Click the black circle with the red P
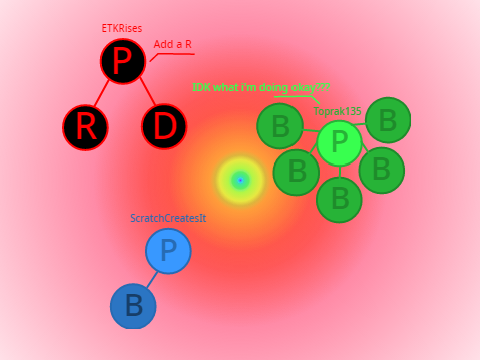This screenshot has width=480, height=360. tap(123, 61)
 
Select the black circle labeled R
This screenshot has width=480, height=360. tap(85, 127)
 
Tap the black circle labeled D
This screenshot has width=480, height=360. tap(164, 126)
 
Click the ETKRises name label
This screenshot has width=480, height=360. tap(122, 28)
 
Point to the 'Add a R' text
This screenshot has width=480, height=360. tap(173, 44)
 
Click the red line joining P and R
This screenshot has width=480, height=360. tap(102, 93)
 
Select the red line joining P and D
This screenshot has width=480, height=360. tap(148, 91)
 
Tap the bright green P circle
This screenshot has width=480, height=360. tap(339, 143)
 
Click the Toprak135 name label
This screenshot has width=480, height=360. tap(337, 111)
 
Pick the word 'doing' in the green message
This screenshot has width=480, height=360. tap(273, 87)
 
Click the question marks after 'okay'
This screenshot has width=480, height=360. tap(322, 87)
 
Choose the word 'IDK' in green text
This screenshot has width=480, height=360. tap(201, 87)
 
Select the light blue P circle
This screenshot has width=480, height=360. tap(168, 251)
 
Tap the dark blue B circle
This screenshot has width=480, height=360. tap(133, 306)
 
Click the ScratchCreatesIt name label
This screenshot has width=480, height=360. tap(168, 218)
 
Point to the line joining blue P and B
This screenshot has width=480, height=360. tap(152, 279)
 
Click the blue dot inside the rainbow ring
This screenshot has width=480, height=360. tap(240, 180)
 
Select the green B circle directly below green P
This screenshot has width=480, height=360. tap(339, 200)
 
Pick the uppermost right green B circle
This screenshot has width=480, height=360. tap(388, 120)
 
